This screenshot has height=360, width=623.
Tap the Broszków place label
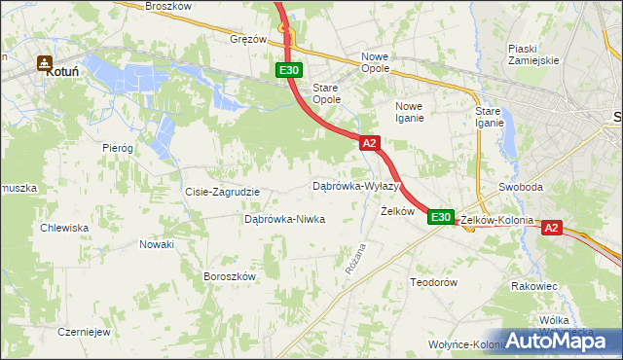[x=144, y=6]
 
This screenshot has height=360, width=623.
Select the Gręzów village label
[x=248, y=40]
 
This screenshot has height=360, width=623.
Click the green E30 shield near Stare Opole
[x=288, y=70]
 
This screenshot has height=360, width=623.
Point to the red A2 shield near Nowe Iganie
[x=369, y=143]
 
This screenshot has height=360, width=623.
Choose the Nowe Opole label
[x=375, y=62]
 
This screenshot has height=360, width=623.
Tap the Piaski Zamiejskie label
[x=532, y=54]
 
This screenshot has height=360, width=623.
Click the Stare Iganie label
[x=489, y=117]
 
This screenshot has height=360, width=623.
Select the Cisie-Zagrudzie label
[x=222, y=192]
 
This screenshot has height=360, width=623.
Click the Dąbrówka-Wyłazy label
[x=356, y=185]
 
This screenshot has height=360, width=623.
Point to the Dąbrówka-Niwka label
[x=283, y=220]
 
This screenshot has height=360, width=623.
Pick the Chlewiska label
[x=64, y=228]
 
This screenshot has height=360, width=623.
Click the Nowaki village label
[x=156, y=244]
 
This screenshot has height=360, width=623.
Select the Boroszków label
[x=229, y=276]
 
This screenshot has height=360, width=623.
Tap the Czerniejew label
[x=83, y=331]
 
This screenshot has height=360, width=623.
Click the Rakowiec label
[x=533, y=287]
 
